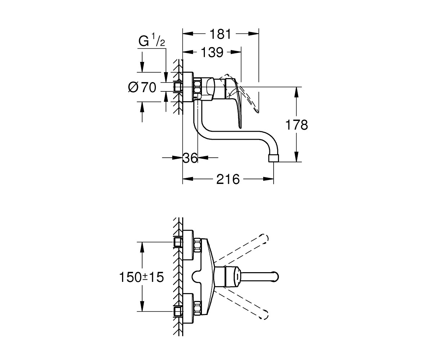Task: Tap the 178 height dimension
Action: (x=297, y=125)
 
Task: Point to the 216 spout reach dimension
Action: (x=228, y=179)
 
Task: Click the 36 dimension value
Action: (x=190, y=158)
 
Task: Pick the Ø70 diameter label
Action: (x=142, y=87)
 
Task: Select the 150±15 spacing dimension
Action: (x=141, y=277)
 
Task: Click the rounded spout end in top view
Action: (x=276, y=276)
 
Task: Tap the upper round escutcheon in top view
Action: (x=188, y=245)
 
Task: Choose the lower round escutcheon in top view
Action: (x=188, y=308)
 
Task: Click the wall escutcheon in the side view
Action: (x=188, y=87)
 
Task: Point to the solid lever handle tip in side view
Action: (x=240, y=127)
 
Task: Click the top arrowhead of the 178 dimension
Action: (x=297, y=92)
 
